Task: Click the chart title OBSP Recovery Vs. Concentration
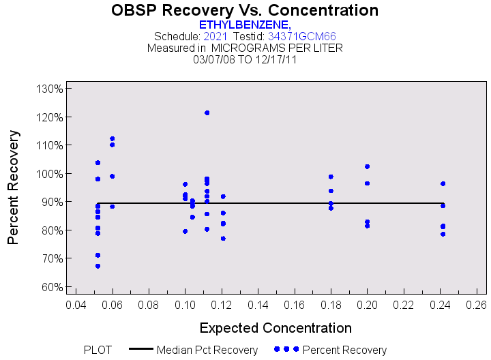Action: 245,10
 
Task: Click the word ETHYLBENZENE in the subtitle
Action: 243,25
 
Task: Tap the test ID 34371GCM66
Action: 301,36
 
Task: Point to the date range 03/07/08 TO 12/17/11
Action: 245,59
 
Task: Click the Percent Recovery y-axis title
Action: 13,187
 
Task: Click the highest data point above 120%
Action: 207,112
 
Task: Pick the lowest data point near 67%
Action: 98,266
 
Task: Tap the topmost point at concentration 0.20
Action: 367,166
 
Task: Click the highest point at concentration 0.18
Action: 331,177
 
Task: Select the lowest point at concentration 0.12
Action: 223,239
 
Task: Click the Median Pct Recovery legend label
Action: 207,350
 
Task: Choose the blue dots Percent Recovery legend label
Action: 344,350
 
